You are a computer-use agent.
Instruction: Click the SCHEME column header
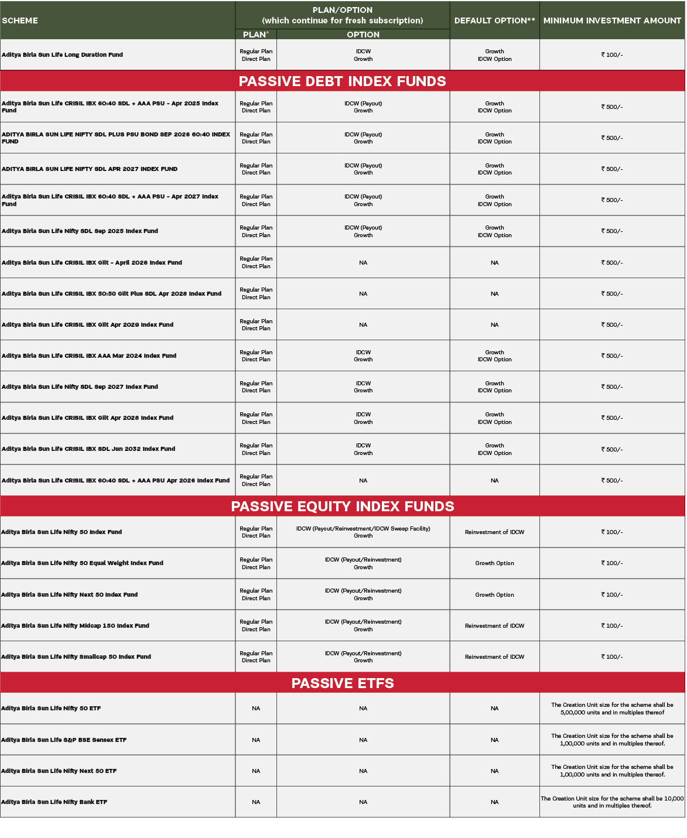pos(20,20)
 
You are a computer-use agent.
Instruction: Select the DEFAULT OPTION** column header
pos(494,20)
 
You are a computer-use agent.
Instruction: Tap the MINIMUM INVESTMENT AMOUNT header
pos(612,20)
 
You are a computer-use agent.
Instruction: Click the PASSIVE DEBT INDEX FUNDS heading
pos(342,81)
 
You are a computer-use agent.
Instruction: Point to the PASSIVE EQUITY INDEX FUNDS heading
pos(342,507)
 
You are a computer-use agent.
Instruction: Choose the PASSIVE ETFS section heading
pos(342,683)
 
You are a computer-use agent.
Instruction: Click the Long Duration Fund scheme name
pos(63,55)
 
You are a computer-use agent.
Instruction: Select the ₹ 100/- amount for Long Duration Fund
pos(612,55)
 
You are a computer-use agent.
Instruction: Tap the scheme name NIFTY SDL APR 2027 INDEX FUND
pos(90,169)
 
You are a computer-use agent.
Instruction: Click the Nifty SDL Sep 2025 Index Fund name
pos(80,231)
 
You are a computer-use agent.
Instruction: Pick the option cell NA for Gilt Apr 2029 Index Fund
pos(363,325)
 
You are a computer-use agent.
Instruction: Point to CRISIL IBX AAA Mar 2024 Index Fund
pos(89,356)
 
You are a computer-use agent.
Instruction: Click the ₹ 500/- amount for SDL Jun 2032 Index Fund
pos(612,450)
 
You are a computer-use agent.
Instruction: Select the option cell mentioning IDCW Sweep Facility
pos(363,529)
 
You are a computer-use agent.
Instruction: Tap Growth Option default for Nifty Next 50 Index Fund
pos(494,595)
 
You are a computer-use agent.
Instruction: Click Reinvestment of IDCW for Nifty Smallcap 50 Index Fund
pos(494,657)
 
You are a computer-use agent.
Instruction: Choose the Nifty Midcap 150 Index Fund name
pos(76,626)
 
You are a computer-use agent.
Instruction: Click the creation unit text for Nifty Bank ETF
pos(612,802)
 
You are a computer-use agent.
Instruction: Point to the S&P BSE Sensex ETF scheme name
pos(64,740)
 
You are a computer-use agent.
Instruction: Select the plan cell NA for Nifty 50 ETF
pos(256,709)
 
